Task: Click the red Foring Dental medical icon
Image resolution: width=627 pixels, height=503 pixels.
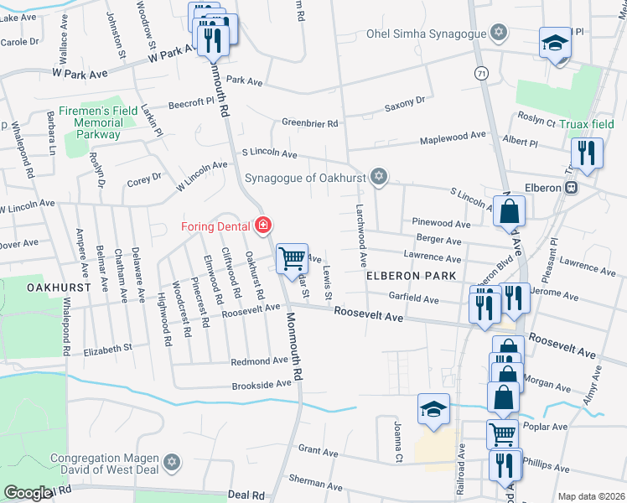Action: (x=263, y=226)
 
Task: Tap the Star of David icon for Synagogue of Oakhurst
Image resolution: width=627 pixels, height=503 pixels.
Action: (x=380, y=176)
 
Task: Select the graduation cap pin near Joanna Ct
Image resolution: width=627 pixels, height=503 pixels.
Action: (x=433, y=409)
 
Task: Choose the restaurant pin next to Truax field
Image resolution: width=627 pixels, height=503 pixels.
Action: (x=586, y=153)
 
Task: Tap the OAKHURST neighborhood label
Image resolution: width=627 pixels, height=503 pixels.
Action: (x=53, y=287)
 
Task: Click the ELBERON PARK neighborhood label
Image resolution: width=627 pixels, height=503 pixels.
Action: (x=411, y=276)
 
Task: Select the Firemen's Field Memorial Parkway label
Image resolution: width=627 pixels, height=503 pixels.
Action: (x=98, y=122)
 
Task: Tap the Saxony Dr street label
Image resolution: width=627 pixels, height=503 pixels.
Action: (x=405, y=101)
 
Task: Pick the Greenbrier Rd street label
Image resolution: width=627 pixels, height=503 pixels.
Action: (x=309, y=123)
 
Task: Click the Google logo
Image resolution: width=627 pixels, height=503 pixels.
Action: (x=28, y=492)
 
